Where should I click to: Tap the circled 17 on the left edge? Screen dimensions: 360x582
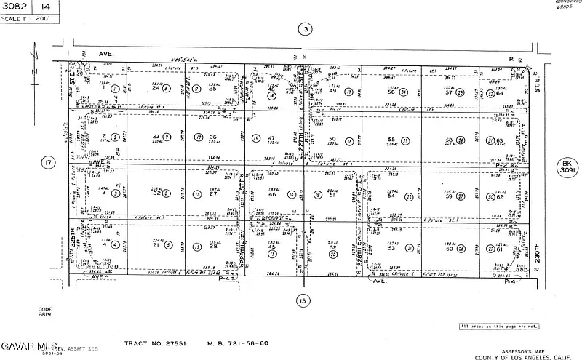tap(48, 163)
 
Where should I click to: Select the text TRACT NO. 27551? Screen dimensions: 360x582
tap(151, 343)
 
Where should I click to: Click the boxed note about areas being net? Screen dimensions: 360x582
tap(499, 327)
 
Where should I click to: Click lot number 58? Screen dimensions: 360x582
tap(449, 140)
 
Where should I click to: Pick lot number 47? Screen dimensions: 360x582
tap(271, 138)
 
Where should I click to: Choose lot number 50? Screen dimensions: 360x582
tap(332, 139)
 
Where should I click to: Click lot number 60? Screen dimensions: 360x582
tap(449, 249)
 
